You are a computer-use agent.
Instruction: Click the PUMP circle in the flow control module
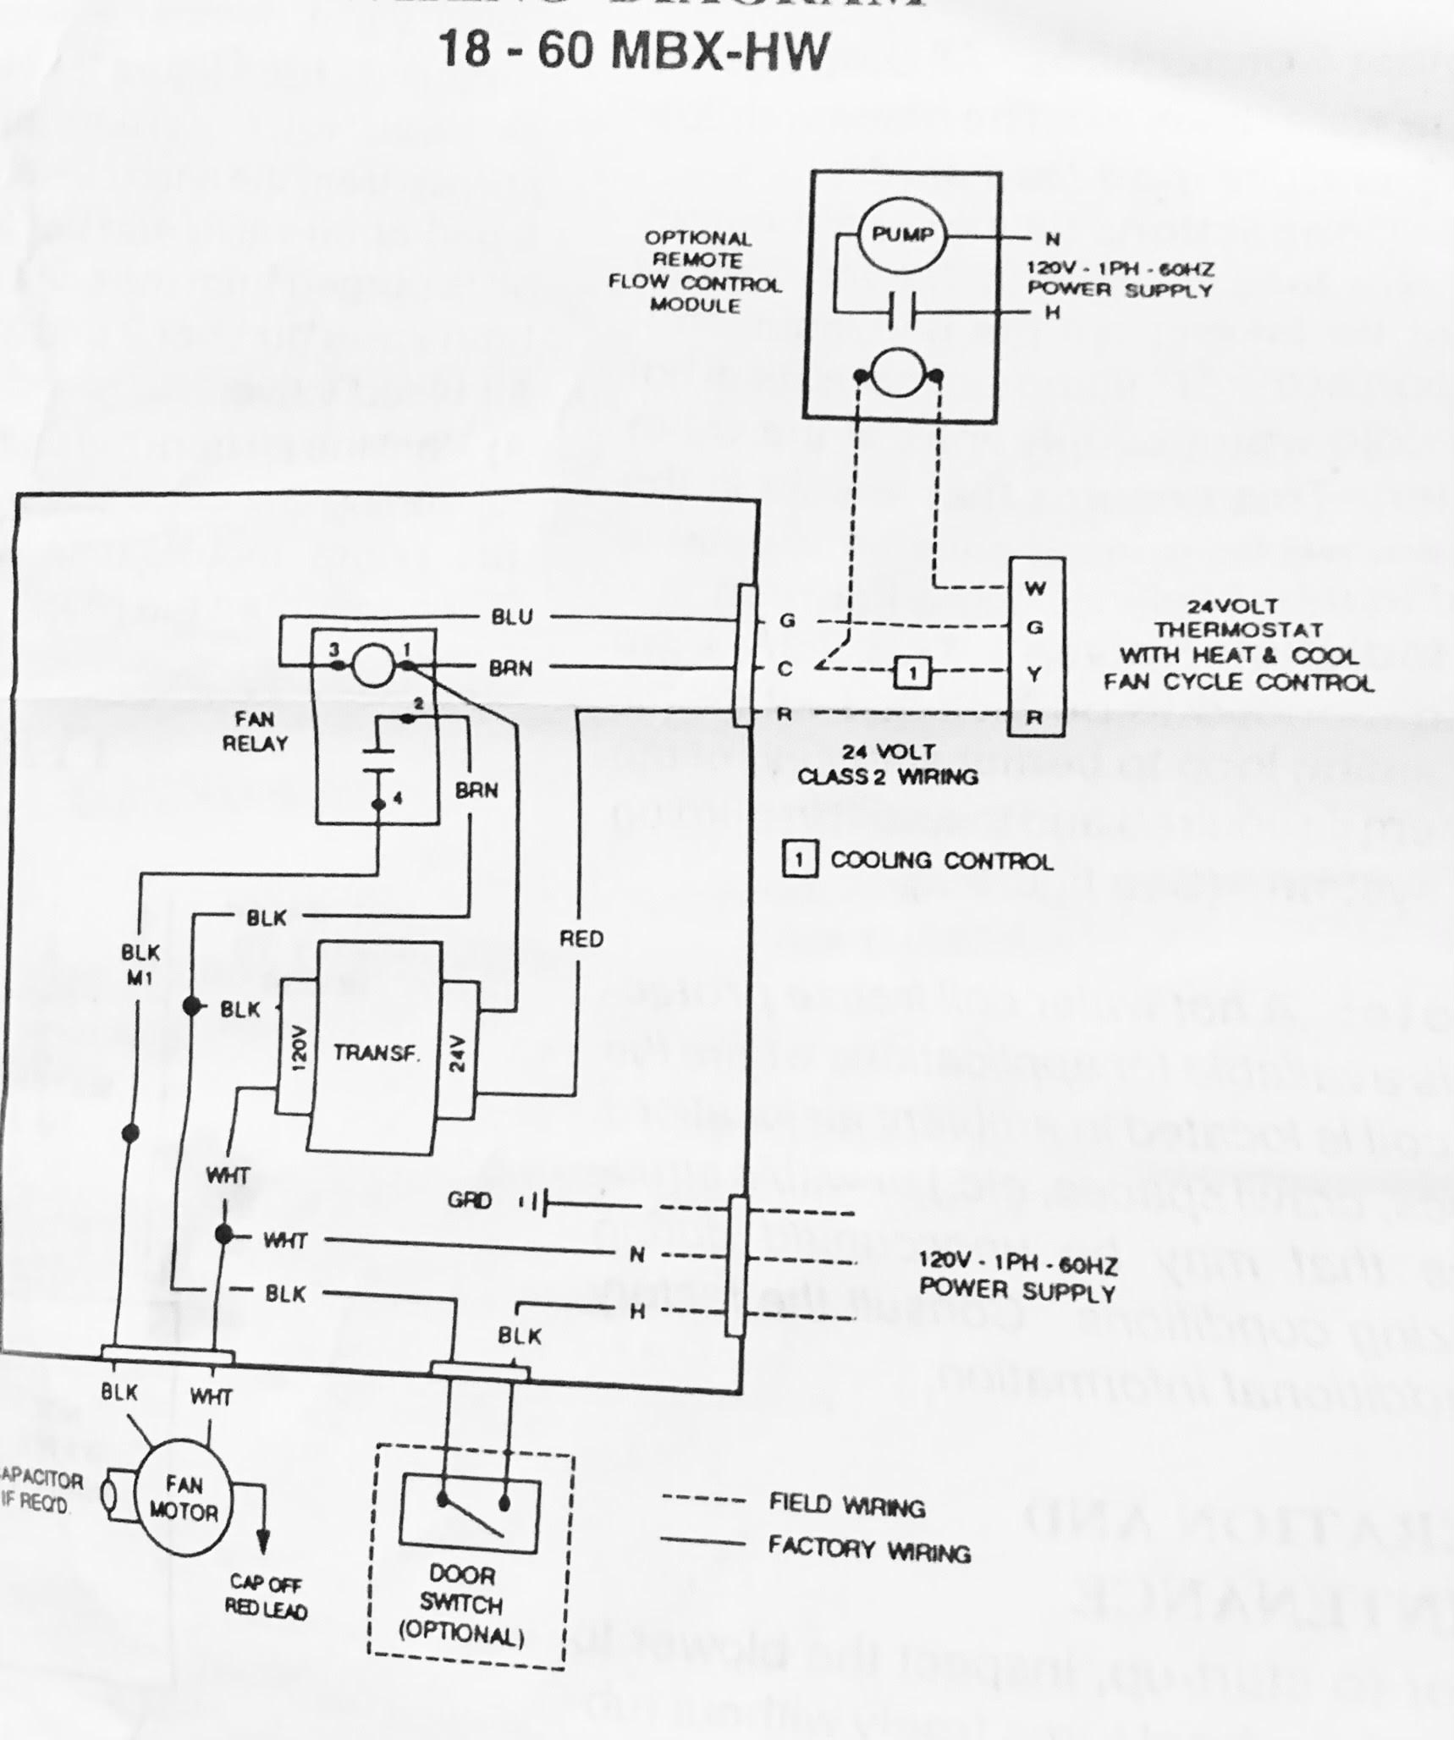[902, 234]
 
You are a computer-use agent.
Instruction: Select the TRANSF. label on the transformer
[376, 1053]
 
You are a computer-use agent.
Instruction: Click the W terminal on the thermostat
[1035, 587]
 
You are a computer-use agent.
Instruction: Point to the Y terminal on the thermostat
[1035, 674]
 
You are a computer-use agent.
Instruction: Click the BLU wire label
[512, 616]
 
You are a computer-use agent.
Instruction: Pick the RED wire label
[581, 939]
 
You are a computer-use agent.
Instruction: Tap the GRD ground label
[470, 1201]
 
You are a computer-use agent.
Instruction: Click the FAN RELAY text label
[255, 731]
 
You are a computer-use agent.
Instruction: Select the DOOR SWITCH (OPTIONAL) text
[461, 1604]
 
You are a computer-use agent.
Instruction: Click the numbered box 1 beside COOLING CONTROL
[799, 861]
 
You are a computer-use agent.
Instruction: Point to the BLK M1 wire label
[140, 964]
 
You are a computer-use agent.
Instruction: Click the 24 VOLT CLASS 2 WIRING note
[887, 764]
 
